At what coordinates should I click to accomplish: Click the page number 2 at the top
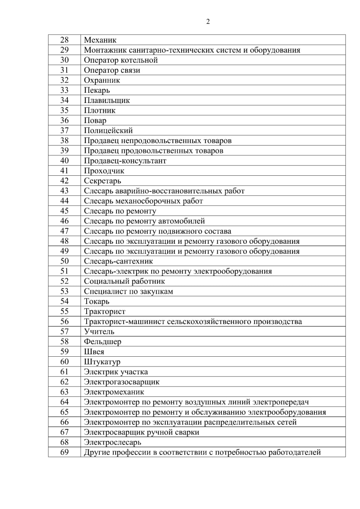[x=208, y=22]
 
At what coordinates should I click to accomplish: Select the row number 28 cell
[x=64, y=40]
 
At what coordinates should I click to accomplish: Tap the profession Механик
[x=100, y=40]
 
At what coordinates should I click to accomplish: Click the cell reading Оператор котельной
[x=121, y=60]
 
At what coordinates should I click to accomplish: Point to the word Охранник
[x=102, y=80]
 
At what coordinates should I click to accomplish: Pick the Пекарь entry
[x=97, y=90]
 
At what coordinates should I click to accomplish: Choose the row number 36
[x=64, y=120]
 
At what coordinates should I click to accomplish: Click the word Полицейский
[x=108, y=130]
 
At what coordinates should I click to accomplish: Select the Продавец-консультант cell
[x=125, y=161]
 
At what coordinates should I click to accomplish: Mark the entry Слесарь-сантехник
[x=118, y=261]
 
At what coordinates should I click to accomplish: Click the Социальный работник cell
[x=124, y=281]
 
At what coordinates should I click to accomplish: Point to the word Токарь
[x=97, y=301]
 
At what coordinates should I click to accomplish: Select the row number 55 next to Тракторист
[x=64, y=311]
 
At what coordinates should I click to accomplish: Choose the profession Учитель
[x=99, y=331]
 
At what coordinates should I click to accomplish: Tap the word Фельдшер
[x=103, y=342]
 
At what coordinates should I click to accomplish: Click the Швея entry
[x=94, y=352]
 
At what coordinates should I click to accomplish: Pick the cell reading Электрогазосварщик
[x=122, y=382]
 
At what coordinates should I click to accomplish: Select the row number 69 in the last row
[x=64, y=452]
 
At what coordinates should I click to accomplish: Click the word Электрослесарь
[x=112, y=442]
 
